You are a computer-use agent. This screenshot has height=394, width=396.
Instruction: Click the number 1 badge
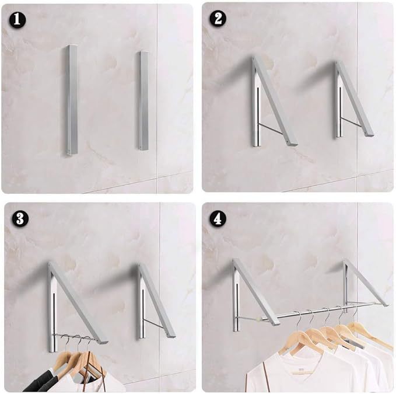coord(18,19)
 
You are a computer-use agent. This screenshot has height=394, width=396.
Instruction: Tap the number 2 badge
coord(218,19)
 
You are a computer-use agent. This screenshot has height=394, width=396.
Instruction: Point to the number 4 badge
coord(218,219)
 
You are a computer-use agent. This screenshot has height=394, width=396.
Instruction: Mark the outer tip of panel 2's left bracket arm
coord(292,142)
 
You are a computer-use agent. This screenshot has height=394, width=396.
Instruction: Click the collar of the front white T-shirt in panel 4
coord(286,357)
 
